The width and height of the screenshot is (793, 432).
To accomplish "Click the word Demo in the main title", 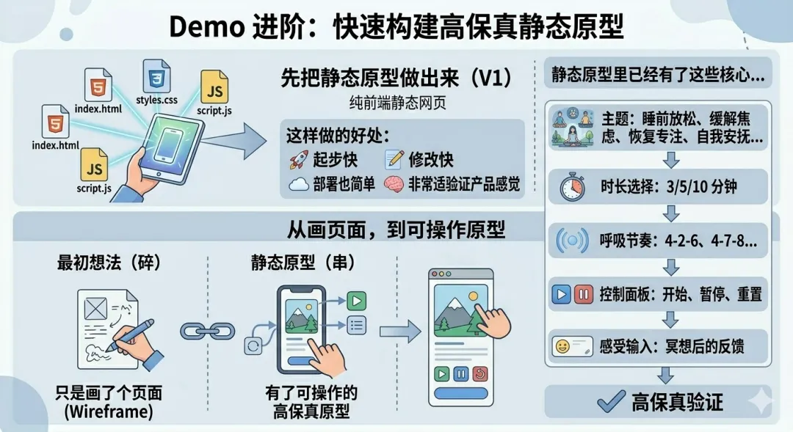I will point(207,26).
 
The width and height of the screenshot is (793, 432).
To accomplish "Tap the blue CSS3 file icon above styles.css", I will point(156,76).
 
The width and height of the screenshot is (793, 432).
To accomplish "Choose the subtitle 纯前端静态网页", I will point(398,103).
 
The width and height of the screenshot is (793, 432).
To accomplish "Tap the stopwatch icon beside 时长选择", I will point(572,187).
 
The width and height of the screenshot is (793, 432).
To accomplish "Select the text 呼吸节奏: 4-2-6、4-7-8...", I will point(678,241).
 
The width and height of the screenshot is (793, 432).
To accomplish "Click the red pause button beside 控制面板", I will point(583,295).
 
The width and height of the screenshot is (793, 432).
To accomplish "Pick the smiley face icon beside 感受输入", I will point(563,346).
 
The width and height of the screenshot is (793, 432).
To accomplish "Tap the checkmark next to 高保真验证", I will point(611,401).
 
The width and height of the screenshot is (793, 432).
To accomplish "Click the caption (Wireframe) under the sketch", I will point(109,411).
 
